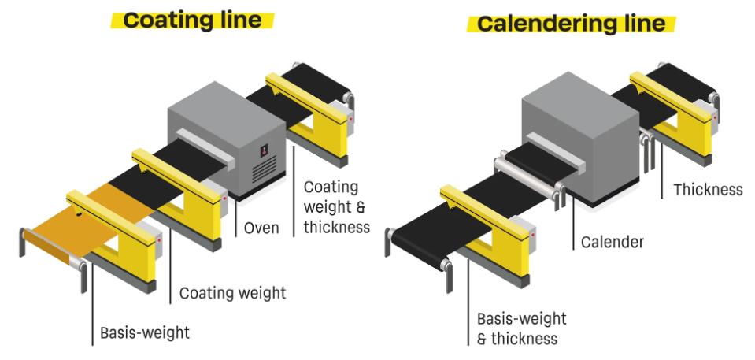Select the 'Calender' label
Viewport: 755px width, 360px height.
click(x=611, y=243)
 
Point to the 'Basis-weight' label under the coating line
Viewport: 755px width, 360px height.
click(x=144, y=332)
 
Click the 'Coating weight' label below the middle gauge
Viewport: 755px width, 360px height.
click(x=232, y=294)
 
